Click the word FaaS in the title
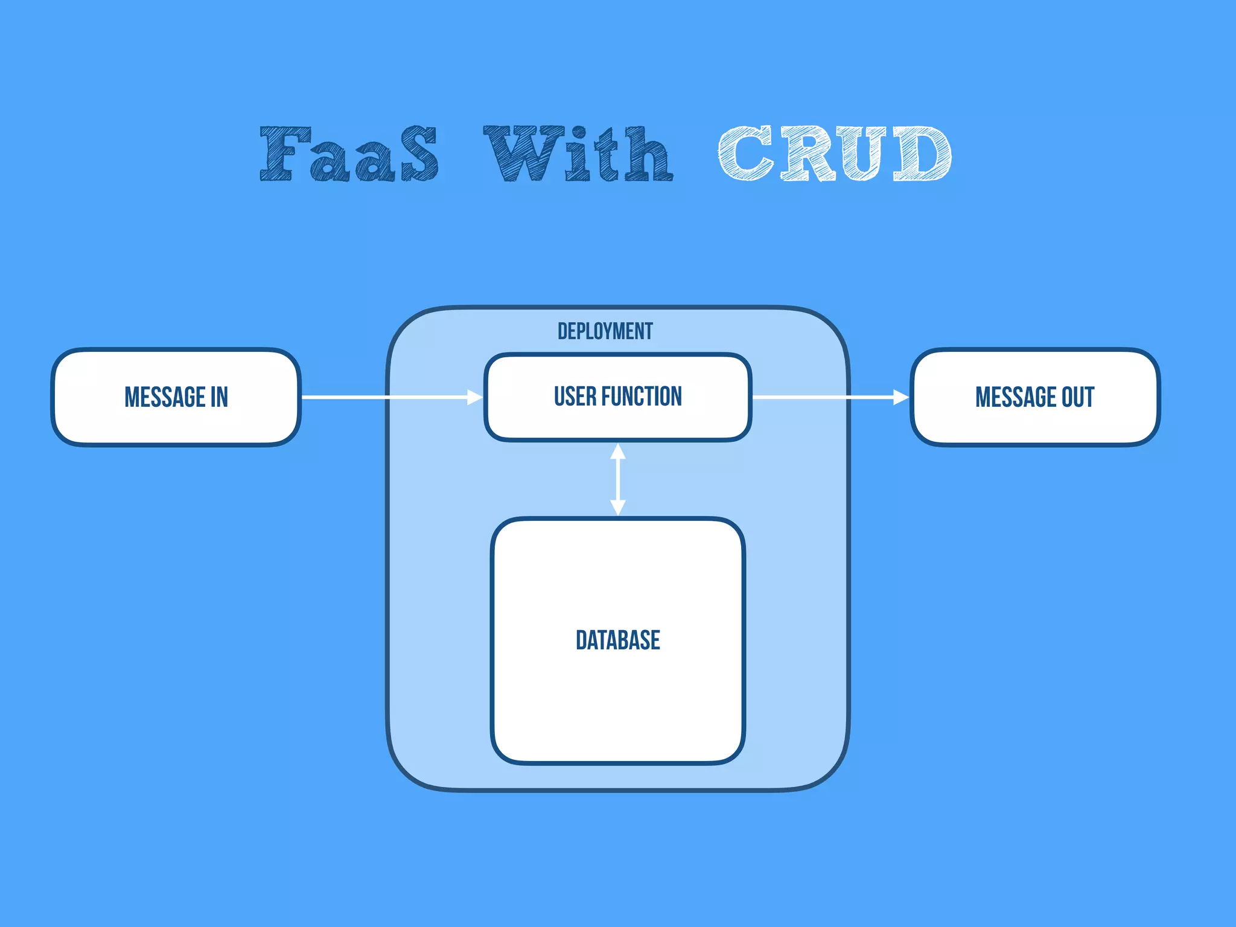tap(349, 154)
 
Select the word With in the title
tap(578, 154)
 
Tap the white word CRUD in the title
tap(835, 154)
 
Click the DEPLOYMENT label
tap(605, 331)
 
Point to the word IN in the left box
tap(219, 397)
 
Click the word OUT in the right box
tap(1078, 397)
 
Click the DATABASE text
tap(617, 640)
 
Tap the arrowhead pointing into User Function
tap(475, 397)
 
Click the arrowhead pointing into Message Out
tap(901, 397)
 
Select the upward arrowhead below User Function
tap(617, 451)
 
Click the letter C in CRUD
tap(745, 154)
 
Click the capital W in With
tap(523, 154)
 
